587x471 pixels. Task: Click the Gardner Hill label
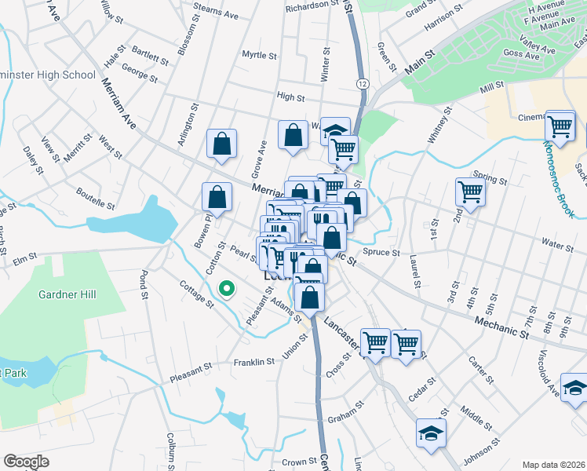click(x=67, y=294)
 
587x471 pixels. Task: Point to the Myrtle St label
click(x=259, y=56)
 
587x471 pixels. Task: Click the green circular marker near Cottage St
click(x=228, y=290)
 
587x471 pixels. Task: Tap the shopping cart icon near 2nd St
click(x=470, y=191)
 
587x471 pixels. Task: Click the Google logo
click(x=26, y=462)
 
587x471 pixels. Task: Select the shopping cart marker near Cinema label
click(x=560, y=125)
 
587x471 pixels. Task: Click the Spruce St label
click(x=381, y=254)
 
